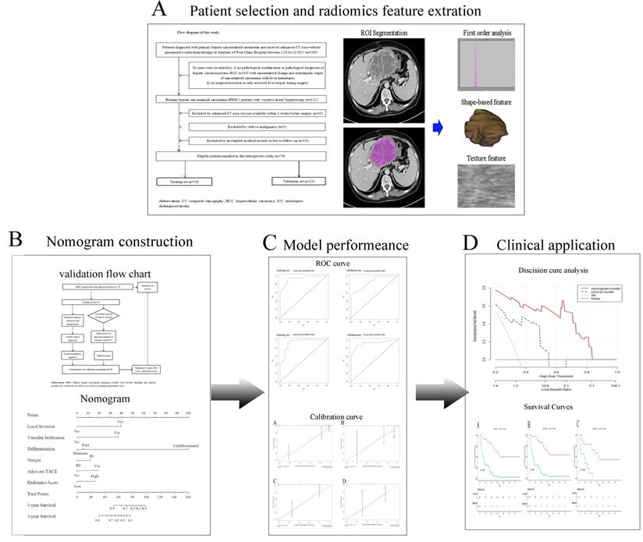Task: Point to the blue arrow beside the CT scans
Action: (x=440, y=122)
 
